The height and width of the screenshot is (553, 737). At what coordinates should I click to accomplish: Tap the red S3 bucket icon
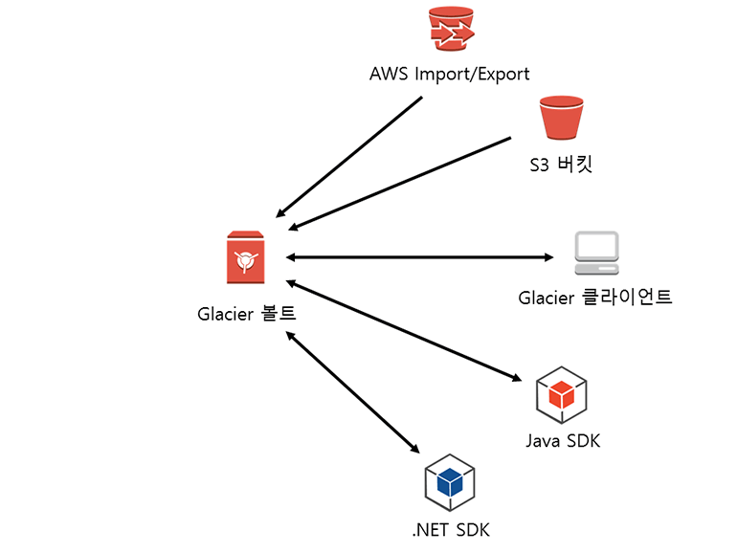(561, 118)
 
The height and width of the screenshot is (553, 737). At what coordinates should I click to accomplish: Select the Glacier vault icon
(245, 257)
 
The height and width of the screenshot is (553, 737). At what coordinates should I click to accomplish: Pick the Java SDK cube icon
(561, 393)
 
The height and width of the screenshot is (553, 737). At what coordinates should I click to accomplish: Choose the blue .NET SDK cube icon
(450, 482)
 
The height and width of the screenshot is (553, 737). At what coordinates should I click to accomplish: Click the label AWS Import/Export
(450, 74)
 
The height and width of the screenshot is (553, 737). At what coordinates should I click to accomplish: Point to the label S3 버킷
(561, 164)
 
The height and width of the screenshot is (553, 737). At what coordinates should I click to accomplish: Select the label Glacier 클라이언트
(595, 298)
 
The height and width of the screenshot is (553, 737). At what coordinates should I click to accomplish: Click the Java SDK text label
(563, 441)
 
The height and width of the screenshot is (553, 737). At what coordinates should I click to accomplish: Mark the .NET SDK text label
(450, 529)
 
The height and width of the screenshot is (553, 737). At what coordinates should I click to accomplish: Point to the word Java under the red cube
(542, 441)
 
